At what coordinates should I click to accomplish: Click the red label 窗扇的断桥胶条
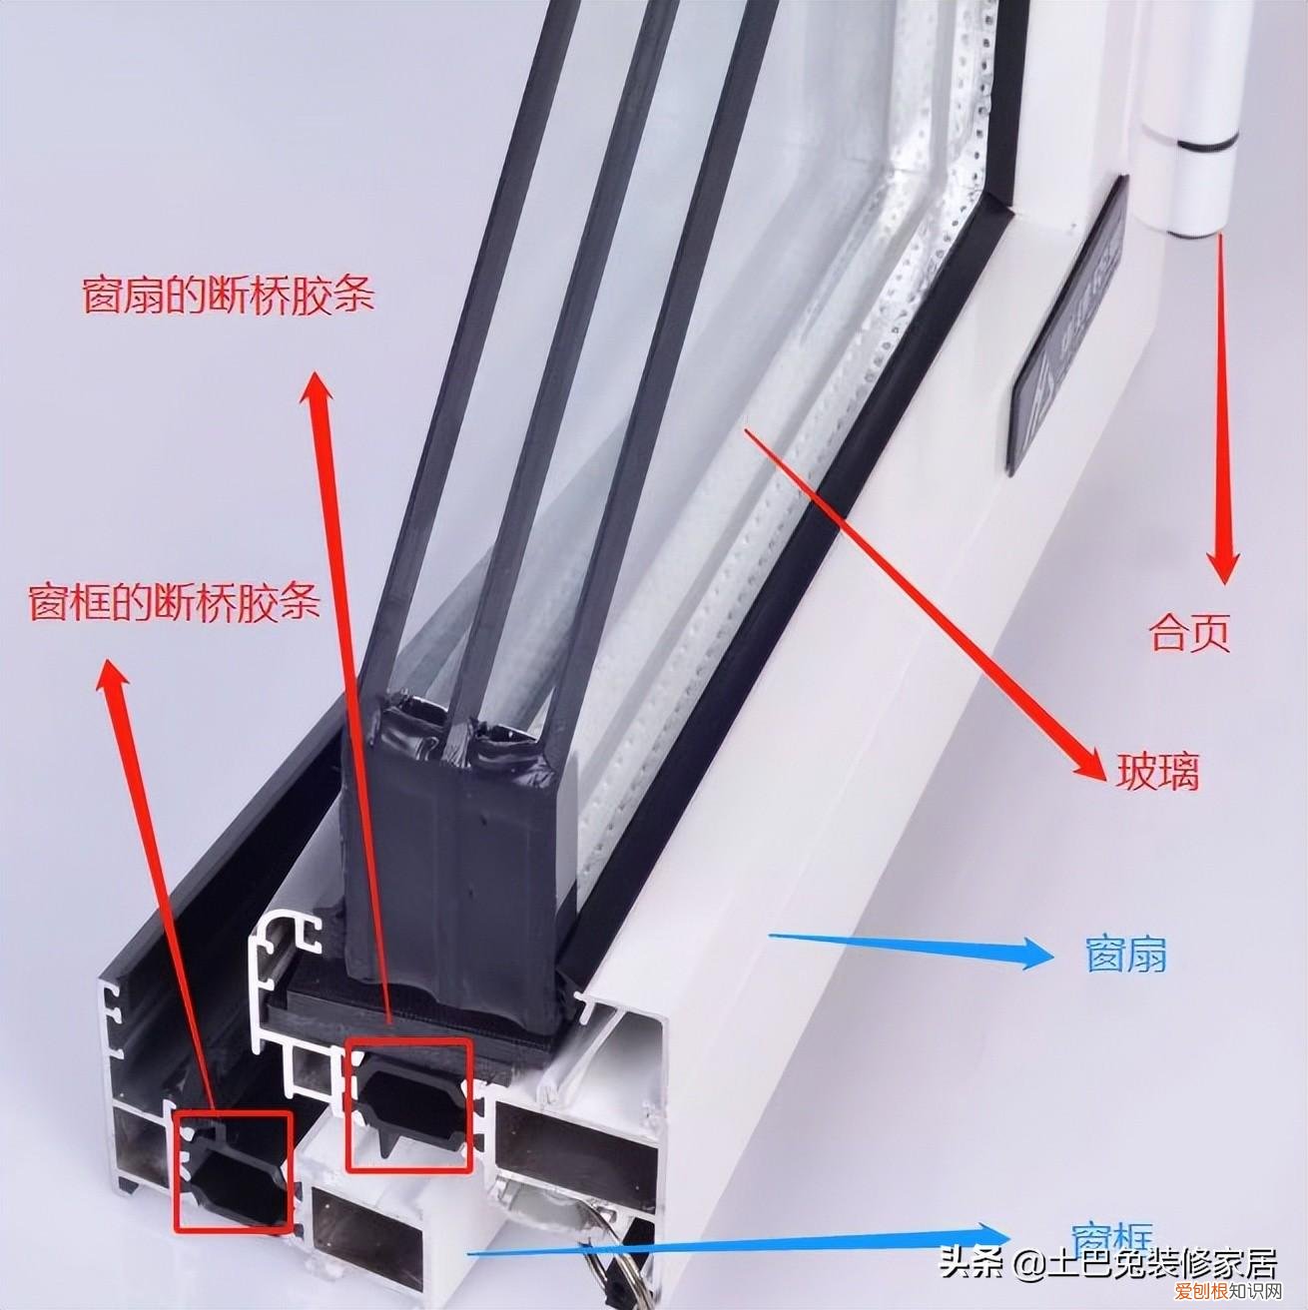(228, 296)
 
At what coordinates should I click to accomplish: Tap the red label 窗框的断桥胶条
(175, 602)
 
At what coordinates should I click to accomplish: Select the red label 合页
(1189, 633)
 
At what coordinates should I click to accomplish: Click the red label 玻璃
(1156, 772)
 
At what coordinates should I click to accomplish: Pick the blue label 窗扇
(1125, 956)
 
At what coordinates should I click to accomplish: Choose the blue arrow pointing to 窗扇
(909, 946)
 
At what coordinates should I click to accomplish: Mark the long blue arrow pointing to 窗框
(739, 1242)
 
